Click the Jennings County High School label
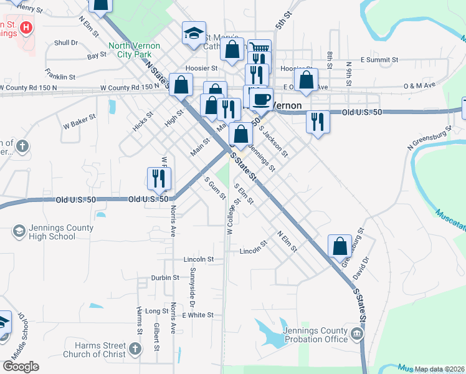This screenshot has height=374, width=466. coord(53,232)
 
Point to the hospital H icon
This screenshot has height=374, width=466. coord(26,28)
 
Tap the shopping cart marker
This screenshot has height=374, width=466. coord(259,49)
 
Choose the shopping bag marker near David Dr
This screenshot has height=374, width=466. coord(340,245)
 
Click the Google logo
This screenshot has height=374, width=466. coord(21,366)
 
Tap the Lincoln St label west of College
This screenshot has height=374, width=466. coord(199,259)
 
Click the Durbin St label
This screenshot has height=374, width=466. coord(164,278)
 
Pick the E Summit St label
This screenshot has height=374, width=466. coord(379,60)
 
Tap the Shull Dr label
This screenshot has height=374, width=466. coord(65,43)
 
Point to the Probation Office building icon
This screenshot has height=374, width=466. coord(357,335)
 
